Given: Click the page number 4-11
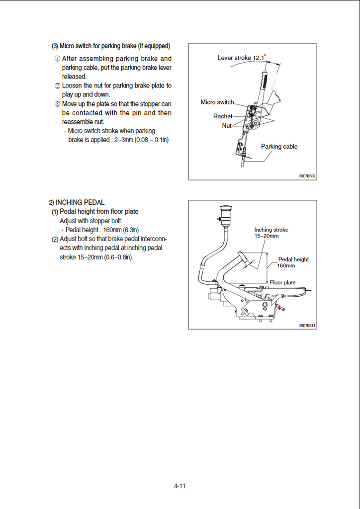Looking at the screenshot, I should [180, 486].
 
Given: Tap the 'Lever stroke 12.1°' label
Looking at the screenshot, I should [242, 58].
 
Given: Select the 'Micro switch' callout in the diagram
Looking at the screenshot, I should [217, 102].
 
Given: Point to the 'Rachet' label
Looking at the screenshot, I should [223, 116].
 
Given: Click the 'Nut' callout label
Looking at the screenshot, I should [227, 126].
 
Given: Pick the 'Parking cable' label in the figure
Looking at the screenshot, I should [279, 147].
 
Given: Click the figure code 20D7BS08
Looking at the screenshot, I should [307, 176].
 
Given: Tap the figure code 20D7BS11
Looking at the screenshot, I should [307, 325].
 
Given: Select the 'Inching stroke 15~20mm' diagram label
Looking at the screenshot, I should [271, 233].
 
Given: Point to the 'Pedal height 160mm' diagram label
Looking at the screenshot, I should [293, 262].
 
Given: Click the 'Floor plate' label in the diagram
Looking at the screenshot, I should [282, 283].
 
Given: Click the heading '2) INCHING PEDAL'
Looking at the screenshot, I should [77, 202].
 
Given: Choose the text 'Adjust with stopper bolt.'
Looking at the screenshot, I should [91, 221].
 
